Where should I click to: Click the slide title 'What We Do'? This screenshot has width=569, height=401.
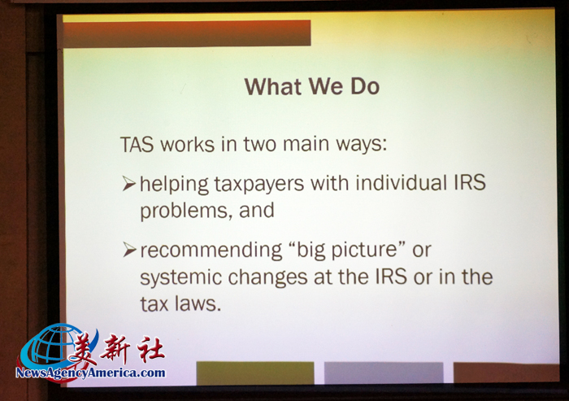click(312, 86)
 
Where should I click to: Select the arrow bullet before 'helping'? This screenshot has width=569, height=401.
click(128, 184)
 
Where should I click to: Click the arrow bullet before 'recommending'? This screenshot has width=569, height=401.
click(128, 250)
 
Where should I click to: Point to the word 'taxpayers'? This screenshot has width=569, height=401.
click(258, 184)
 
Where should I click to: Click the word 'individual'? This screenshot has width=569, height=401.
click(402, 182)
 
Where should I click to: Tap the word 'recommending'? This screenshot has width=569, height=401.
click(211, 251)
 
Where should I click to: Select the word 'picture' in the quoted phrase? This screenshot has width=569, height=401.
click(364, 250)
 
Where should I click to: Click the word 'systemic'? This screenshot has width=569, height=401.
click(180, 278)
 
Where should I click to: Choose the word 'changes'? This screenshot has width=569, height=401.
click(267, 277)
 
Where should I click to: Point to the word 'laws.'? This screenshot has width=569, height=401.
click(198, 303)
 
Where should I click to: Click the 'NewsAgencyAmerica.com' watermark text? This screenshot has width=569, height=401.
click(90, 373)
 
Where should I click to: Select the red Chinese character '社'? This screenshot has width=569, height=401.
click(150, 349)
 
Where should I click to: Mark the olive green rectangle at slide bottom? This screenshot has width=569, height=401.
click(255, 373)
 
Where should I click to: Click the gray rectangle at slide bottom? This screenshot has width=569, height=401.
click(384, 373)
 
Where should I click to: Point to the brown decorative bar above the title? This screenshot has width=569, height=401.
click(187, 34)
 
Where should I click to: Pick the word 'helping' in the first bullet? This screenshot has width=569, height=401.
click(174, 184)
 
